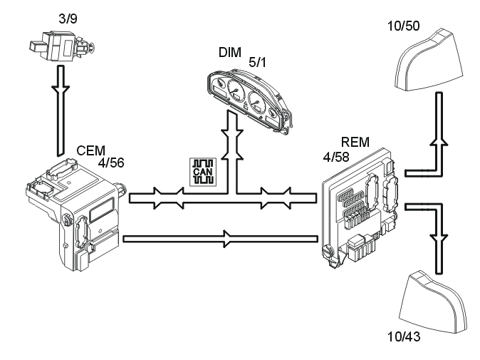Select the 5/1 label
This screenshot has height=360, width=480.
259,63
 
